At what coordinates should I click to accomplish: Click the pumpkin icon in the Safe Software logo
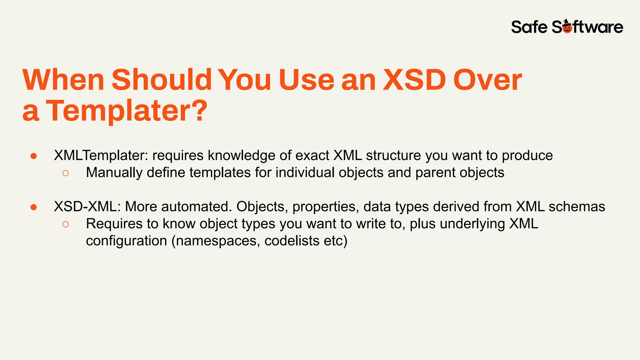pos(567,27)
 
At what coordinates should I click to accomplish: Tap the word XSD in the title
pos(414,80)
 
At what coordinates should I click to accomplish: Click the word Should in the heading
pos(162,80)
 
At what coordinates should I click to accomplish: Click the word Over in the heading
pos(487,80)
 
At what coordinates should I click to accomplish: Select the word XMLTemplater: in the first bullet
pos(101,155)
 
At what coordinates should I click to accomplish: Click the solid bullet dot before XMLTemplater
pos(34,156)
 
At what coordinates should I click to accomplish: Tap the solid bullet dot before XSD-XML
pos(34,207)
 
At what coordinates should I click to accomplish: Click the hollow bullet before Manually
pos(65,173)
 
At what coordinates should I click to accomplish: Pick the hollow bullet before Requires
pos(65,224)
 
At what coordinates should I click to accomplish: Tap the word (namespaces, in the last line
pos(215,241)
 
